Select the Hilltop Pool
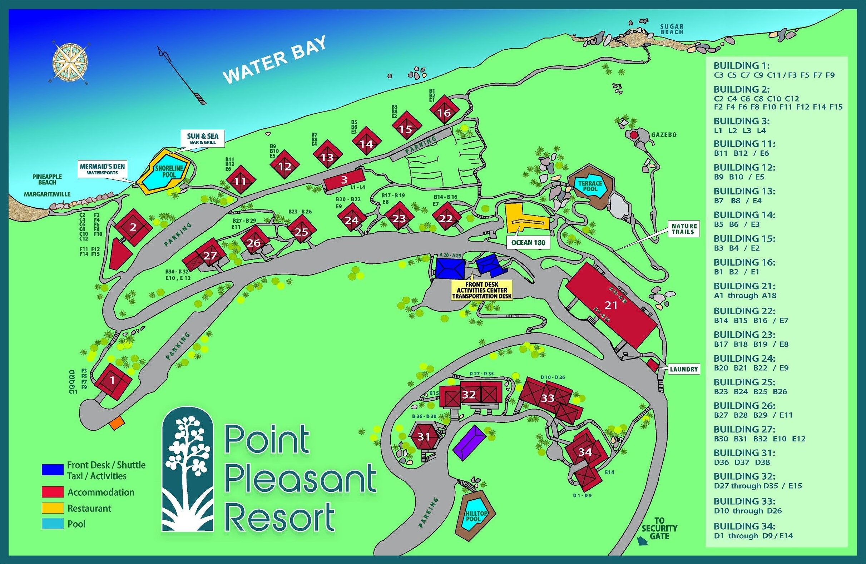pos(474,517)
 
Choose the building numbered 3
pos(344,179)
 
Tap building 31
pos(424,437)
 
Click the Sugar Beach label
pos(672,29)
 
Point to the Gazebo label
pos(664,135)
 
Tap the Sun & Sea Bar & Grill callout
pos(203,138)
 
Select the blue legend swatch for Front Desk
pos(53,470)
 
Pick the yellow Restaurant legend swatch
pos(53,508)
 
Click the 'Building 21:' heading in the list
pos(744,286)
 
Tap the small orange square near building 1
pos(117,424)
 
